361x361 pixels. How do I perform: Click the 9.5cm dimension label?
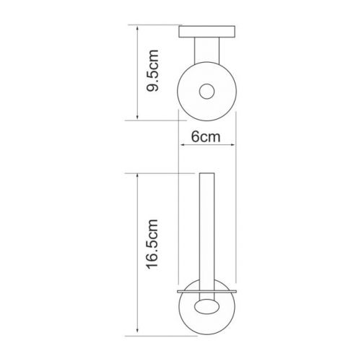pyautogui.click(x=152, y=71)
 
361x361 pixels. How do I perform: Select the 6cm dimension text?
pyautogui.click(x=206, y=137)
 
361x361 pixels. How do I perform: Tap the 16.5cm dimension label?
pyautogui.click(x=152, y=244)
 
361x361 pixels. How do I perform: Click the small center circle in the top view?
pyautogui.click(x=206, y=92)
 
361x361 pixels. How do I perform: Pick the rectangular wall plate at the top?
pyautogui.click(x=207, y=32)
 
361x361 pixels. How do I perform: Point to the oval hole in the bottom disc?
pyautogui.click(x=207, y=306)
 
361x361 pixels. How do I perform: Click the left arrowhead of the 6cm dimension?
pyautogui.click(x=183, y=144)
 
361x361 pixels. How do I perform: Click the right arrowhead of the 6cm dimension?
pyautogui.click(x=232, y=144)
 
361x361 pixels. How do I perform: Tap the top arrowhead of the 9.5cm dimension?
pyautogui.click(x=137, y=29)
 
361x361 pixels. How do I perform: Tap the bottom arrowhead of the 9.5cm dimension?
pyautogui.click(x=137, y=116)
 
